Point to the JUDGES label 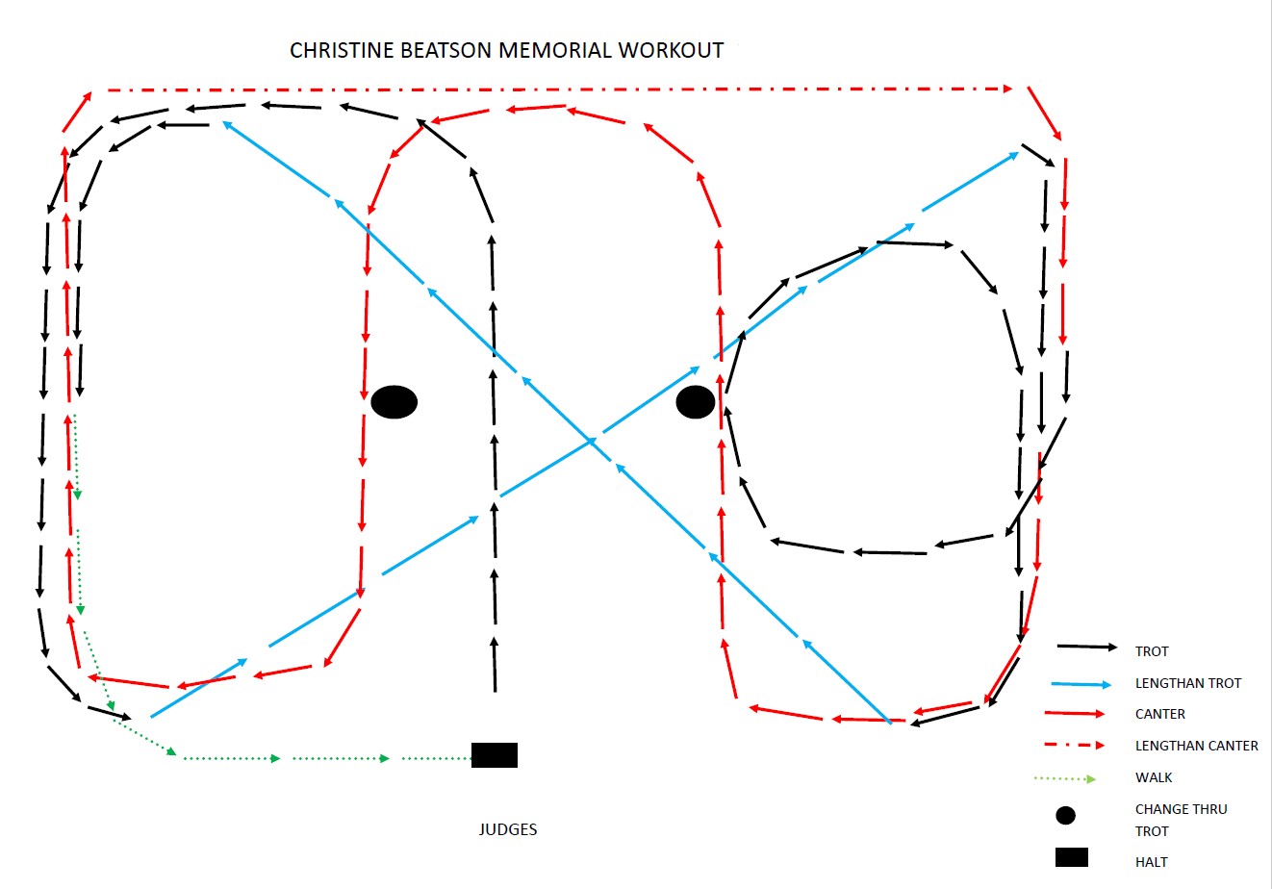point(507,829)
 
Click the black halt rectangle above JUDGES point(494,755)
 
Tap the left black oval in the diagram point(394,402)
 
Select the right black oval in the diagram point(696,402)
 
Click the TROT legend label point(1152,651)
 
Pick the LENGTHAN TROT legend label point(1188,683)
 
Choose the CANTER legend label point(1160,714)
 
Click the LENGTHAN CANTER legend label point(1196,746)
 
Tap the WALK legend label point(1154,777)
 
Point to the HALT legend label point(1151,862)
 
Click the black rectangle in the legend point(1071,856)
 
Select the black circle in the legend point(1065,815)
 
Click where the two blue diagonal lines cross point(591,442)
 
